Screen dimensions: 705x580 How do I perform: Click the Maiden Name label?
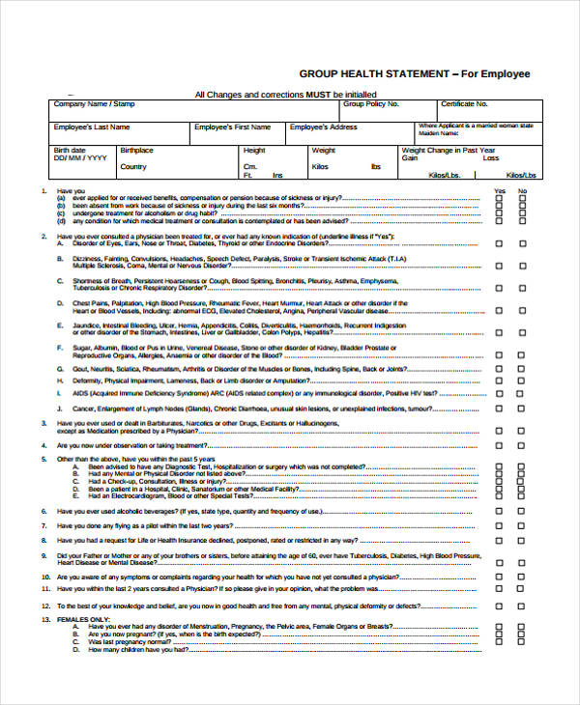tap(434, 132)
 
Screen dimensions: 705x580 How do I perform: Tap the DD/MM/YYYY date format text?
tap(74, 158)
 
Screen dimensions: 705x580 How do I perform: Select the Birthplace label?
tap(136, 151)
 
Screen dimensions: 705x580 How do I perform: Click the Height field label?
tap(254, 151)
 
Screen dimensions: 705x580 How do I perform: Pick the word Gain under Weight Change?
tap(410, 158)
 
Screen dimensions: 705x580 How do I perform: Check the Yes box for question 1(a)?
tap(500, 199)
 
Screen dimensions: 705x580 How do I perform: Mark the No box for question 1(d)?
tap(523, 221)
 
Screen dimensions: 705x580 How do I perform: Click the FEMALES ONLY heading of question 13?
tap(83, 618)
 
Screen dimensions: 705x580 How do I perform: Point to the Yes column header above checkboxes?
tap(500, 191)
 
